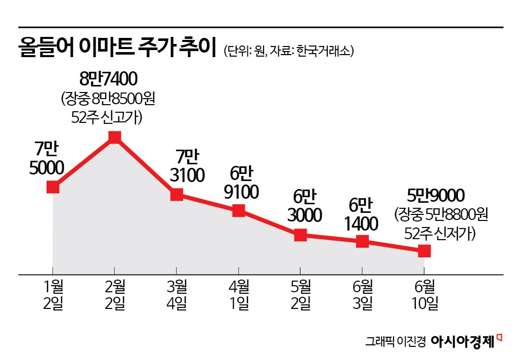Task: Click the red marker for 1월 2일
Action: tap(53, 187)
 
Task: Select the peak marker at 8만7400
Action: tap(115, 137)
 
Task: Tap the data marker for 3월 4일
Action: tap(177, 195)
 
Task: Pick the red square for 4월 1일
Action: tap(239, 210)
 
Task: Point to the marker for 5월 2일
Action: tap(300, 235)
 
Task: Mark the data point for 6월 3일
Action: tap(362, 241)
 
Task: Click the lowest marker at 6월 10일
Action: tap(424, 250)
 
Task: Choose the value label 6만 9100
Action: tap(241, 183)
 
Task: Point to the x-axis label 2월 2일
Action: tap(115, 296)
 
